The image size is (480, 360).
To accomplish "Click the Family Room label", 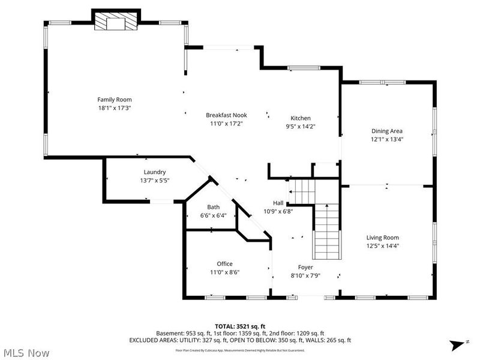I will click(115, 100).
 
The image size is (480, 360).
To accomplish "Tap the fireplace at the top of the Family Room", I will click(116, 23).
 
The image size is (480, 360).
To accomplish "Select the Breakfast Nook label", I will click(226, 115).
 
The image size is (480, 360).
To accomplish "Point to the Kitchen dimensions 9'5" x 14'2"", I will click(301, 127).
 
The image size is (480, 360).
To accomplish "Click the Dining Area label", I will click(387, 131).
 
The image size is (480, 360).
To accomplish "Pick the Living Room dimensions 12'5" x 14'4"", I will click(383, 245).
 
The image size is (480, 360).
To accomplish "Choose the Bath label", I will click(214, 207).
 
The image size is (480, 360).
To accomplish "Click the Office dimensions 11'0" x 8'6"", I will click(225, 272).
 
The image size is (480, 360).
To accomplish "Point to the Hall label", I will click(278, 203).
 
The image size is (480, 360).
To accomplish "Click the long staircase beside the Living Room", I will click(327, 231).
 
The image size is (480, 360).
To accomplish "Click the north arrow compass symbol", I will click(455, 344).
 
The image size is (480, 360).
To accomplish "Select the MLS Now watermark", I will click(26, 352).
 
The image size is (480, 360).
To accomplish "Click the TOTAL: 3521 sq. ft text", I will click(239, 326).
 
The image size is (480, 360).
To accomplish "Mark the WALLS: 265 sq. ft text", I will click(328, 340).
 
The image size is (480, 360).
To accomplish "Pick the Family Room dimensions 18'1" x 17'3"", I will click(115, 108).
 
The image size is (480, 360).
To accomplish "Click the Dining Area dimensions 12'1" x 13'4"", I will click(387, 139).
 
